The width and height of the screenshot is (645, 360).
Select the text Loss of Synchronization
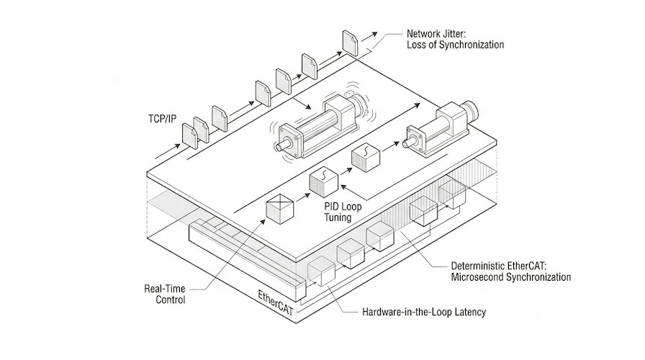(455, 45)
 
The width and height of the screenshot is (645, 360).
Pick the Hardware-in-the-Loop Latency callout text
(424, 312)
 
